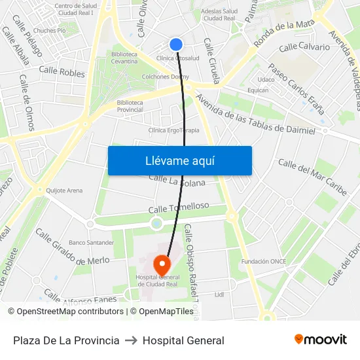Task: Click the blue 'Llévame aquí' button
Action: click(179, 160)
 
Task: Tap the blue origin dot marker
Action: click(175, 45)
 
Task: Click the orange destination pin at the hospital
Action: click(162, 265)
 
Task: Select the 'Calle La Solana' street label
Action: click(177, 180)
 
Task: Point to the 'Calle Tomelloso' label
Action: click(179, 207)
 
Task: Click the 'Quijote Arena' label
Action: click(64, 190)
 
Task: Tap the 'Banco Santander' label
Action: click(91, 242)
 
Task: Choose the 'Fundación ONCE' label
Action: click(264, 261)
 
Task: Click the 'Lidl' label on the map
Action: click(219, 295)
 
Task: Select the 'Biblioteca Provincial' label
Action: click(130, 106)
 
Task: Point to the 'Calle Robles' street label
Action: click(62, 71)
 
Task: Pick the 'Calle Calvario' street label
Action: click(304, 48)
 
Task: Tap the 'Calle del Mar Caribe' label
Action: click(312, 177)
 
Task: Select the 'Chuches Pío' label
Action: click(50, 30)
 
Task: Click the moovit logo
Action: click(321, 339)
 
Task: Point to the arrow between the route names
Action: click(131, 340)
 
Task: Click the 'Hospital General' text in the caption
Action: click(183, 340)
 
